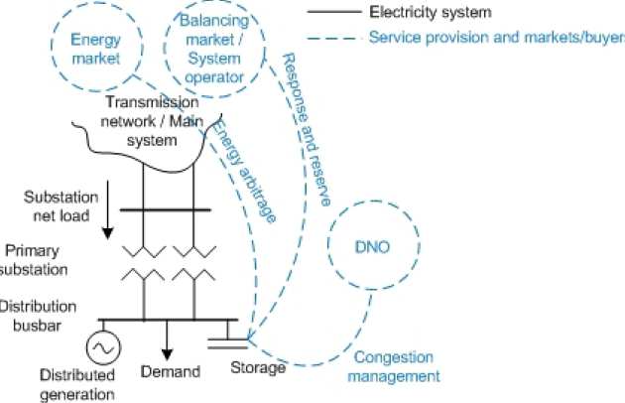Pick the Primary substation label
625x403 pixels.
click(x=35, y=260)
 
